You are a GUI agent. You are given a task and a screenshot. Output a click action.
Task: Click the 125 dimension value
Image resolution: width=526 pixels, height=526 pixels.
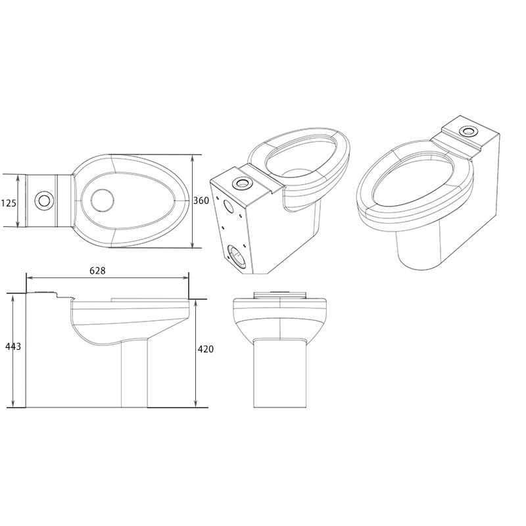(x=9, y=203)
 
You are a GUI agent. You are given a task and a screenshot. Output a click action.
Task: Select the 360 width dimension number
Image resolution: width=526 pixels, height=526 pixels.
(x=202, y=201)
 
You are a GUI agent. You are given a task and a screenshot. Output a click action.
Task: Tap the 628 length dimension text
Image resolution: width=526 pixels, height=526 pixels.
(x=97, y=270)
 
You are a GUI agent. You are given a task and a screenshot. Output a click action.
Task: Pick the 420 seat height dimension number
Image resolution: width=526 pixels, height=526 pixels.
(x=206, y=349)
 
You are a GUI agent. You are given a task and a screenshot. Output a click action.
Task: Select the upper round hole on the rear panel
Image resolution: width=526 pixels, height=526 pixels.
(x=229, y=204)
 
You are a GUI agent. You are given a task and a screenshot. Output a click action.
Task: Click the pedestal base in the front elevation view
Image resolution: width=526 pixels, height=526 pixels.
(x=281, y=375)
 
